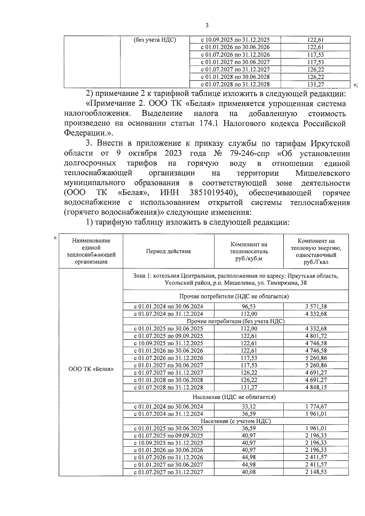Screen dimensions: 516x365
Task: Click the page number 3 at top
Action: (207, 26)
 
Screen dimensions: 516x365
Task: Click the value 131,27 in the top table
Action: (315, 85)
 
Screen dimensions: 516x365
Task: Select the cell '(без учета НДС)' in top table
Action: (155, 40)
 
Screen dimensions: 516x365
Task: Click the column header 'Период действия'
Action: (168, 251)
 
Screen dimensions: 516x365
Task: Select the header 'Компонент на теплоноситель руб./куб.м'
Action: (249, 251)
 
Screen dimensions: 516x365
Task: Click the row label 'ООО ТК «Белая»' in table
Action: (91, 369)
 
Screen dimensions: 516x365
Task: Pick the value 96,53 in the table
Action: (249, 306)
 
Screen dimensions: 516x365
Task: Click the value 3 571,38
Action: (316, 306)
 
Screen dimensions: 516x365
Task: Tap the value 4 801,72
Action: (316, 336)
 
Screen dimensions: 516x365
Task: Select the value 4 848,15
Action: (316, 387)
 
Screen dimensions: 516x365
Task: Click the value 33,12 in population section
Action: (249, 407)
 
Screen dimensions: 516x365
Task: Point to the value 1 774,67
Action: (316, 407)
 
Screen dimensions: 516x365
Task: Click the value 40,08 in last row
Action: (249, 472)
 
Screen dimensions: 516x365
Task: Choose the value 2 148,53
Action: (316, 472)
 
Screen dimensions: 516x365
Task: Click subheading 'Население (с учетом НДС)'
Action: (235, 421)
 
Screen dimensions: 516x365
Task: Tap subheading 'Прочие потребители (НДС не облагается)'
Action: (235, 296)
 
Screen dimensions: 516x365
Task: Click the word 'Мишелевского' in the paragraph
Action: (322, 173)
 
